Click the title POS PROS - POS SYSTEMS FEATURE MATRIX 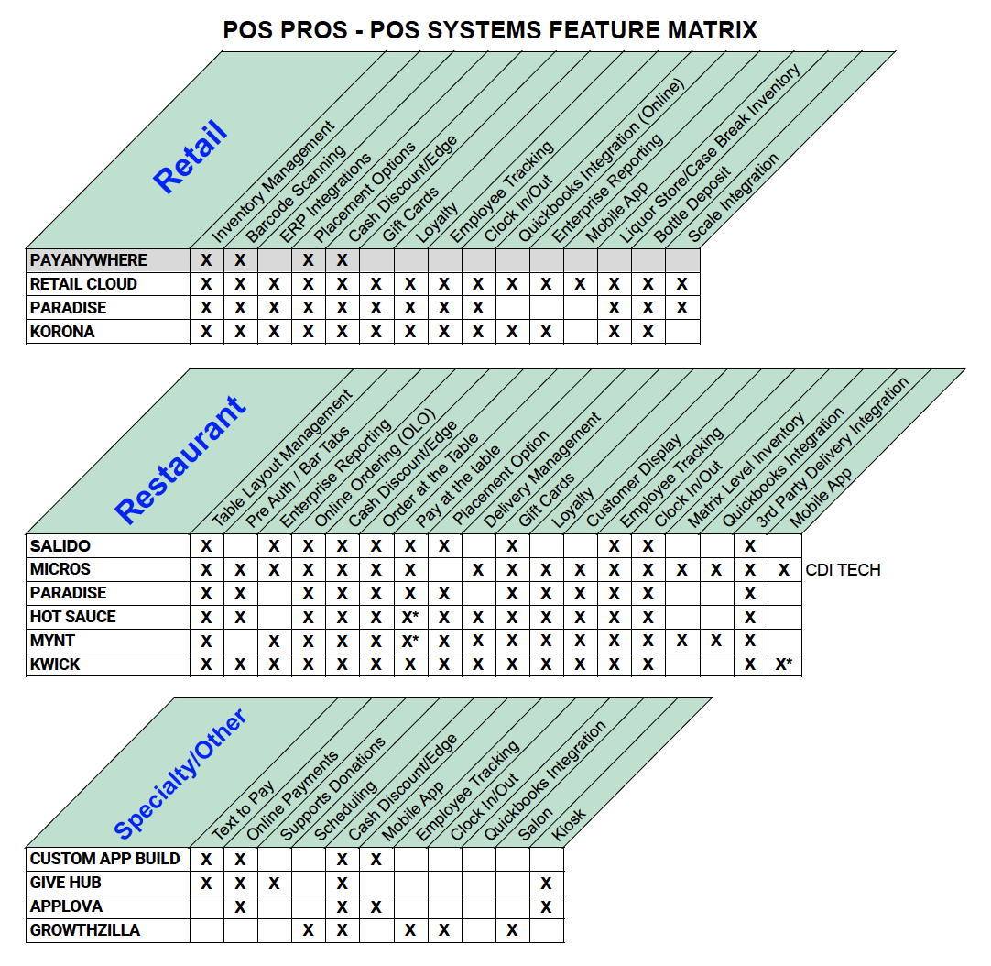pyautogui.click(x=490, y=30)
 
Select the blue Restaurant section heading pyautogui.click(x=180, y=460)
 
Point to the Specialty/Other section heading pyautogui.click(x=180, y=774)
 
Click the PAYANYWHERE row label pyautogui.click(x=88, y=260)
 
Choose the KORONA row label pyautogui.click(x=62, y=332)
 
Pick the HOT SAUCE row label pyautogui.click(x=73, y=617)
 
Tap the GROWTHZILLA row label pyautogui.click(x=85, y=930)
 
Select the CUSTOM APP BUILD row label pyautogui.click(x=104, y=859)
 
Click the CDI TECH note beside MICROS pyautogui.click(x=843, y=570)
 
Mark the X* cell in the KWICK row pyautogui.click(x=784, y=664)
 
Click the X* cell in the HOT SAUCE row pyautogui.click(x=410, y=617)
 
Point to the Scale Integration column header pyautogui.click(x=733, y=197)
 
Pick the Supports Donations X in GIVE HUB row pyautogui.click(x=274, y=883)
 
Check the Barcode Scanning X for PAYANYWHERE pyautogui.click(x=240, y=260)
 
